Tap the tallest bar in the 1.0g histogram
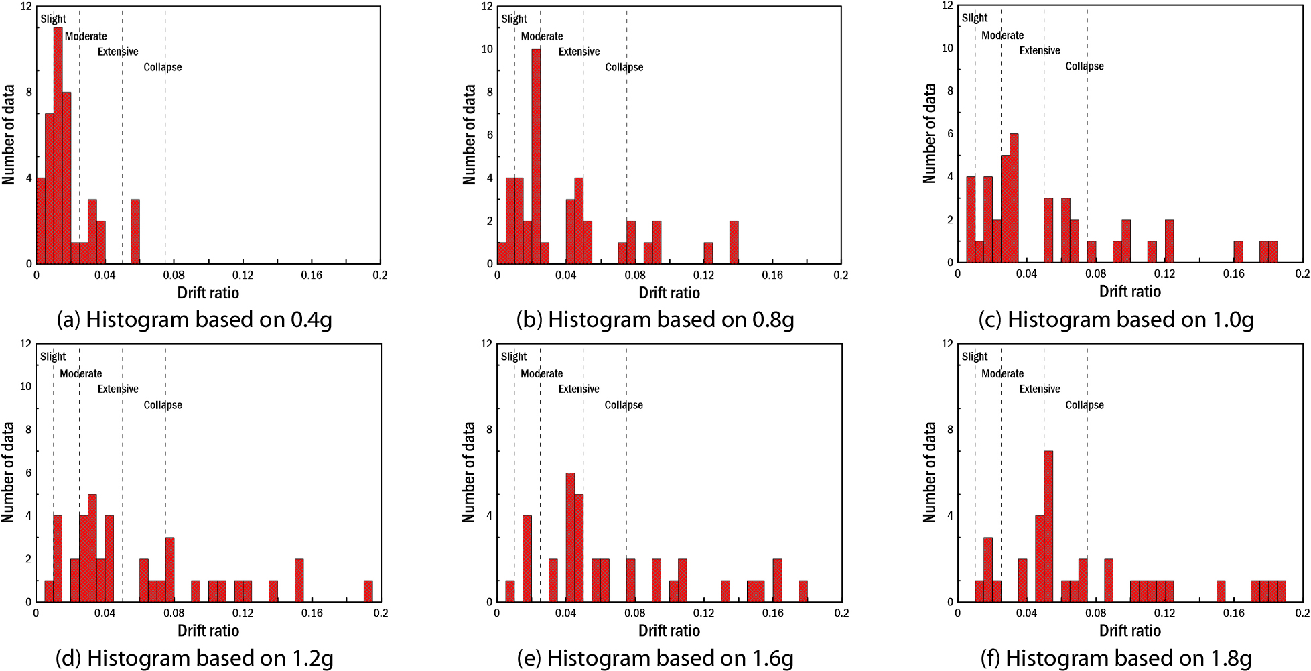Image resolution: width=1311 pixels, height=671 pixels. point(1014,198)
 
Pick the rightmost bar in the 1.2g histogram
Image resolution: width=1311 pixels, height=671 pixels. point(368,591)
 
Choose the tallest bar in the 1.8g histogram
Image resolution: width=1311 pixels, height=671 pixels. point(1048,526)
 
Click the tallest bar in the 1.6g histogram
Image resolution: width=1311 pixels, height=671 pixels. point(570,537)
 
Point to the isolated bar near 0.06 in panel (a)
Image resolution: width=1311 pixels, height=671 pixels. point(135,232)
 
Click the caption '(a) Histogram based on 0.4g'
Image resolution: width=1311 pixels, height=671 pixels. point(194,320)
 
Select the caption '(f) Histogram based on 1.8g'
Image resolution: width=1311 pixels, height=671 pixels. point(1116,658)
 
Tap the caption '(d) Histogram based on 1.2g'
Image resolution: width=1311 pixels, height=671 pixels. point(194,658)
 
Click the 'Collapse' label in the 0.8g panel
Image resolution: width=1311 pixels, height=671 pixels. point(624,67)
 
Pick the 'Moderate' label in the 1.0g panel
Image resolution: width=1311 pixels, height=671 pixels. point(1002,35)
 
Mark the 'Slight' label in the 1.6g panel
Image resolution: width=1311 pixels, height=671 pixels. point(514,357)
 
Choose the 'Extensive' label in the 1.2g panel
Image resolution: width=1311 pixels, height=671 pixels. point(118,389)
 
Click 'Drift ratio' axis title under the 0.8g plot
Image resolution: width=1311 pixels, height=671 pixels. point(669,293)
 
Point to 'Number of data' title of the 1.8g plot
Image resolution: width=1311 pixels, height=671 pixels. point(929,472)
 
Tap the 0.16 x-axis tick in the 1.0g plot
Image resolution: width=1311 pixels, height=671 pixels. point(1233,273)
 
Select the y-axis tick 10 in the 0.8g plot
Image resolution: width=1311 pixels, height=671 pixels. point(487,49)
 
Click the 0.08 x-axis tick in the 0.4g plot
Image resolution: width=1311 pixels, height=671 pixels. point(174,275)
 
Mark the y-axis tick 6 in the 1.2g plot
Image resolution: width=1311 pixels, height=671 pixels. point(28,473)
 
